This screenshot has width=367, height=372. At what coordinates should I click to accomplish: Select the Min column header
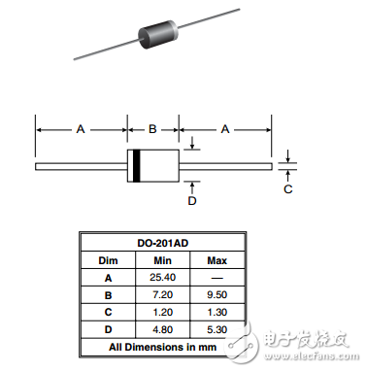point(162,260)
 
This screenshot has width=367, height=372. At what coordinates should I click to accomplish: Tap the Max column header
point(217,260)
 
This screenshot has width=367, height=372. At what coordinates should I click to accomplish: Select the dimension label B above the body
point(152,127)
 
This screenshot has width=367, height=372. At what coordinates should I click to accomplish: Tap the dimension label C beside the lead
point(287,188)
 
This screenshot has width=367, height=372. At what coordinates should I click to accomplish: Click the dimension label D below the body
point(191,201)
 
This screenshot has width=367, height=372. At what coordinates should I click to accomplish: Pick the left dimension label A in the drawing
point(81,127)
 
